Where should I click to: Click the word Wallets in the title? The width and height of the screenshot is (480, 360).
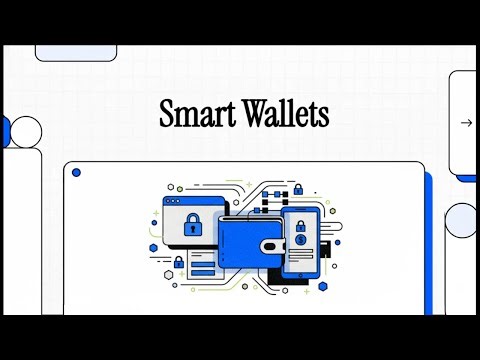point(285,115)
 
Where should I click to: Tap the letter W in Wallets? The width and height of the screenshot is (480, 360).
point(253,115)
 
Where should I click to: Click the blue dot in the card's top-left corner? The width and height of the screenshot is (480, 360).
point(76,173)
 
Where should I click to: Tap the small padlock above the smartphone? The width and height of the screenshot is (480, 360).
point(297,188)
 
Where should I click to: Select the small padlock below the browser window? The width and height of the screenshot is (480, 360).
point(179,261)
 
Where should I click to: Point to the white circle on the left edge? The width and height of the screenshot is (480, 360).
point(26,131)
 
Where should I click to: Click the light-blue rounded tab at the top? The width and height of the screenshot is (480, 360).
point(76,51)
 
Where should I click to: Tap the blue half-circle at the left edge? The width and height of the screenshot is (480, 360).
point(5,130)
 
